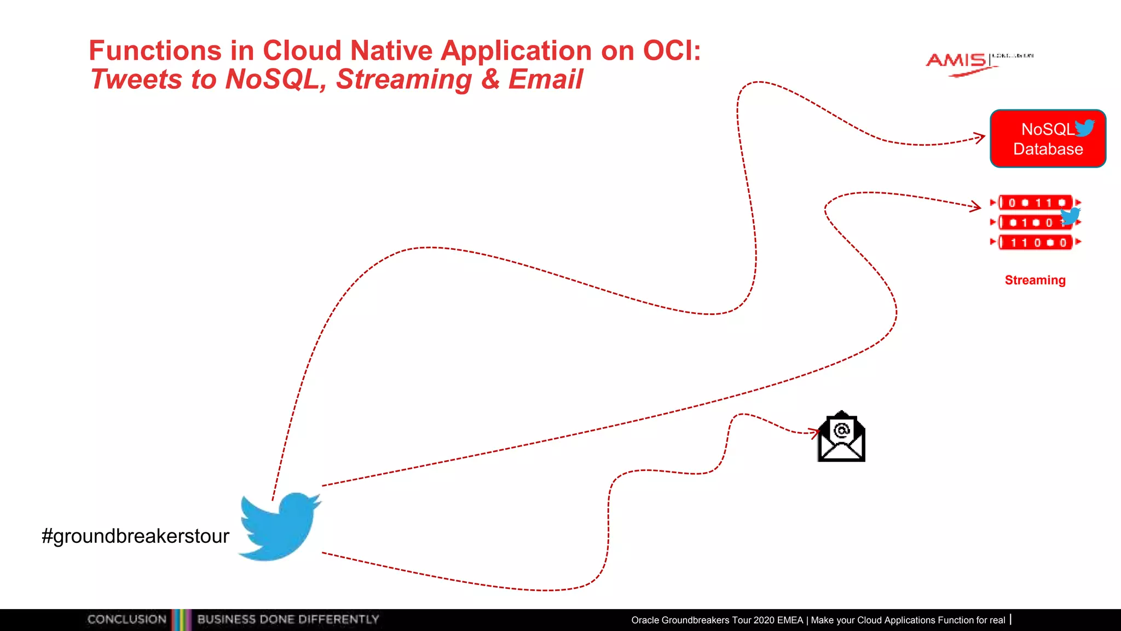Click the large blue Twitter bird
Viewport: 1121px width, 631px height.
point(279,526)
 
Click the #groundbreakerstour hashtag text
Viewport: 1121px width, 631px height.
point(135,536)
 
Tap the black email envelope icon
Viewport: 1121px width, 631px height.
point(841,438)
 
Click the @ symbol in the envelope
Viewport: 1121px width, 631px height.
point(841,431)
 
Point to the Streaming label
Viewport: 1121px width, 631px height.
point(1035,280)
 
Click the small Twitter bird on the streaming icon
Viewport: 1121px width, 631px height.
point(1070,216)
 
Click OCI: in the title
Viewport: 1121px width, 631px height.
point(672,50)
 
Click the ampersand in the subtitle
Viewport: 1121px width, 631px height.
point(490,79)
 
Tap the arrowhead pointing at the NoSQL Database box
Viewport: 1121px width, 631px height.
point(980,137)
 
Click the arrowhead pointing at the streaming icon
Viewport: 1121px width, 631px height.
point(975,206)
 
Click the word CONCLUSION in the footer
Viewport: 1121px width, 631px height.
point(127,619)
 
